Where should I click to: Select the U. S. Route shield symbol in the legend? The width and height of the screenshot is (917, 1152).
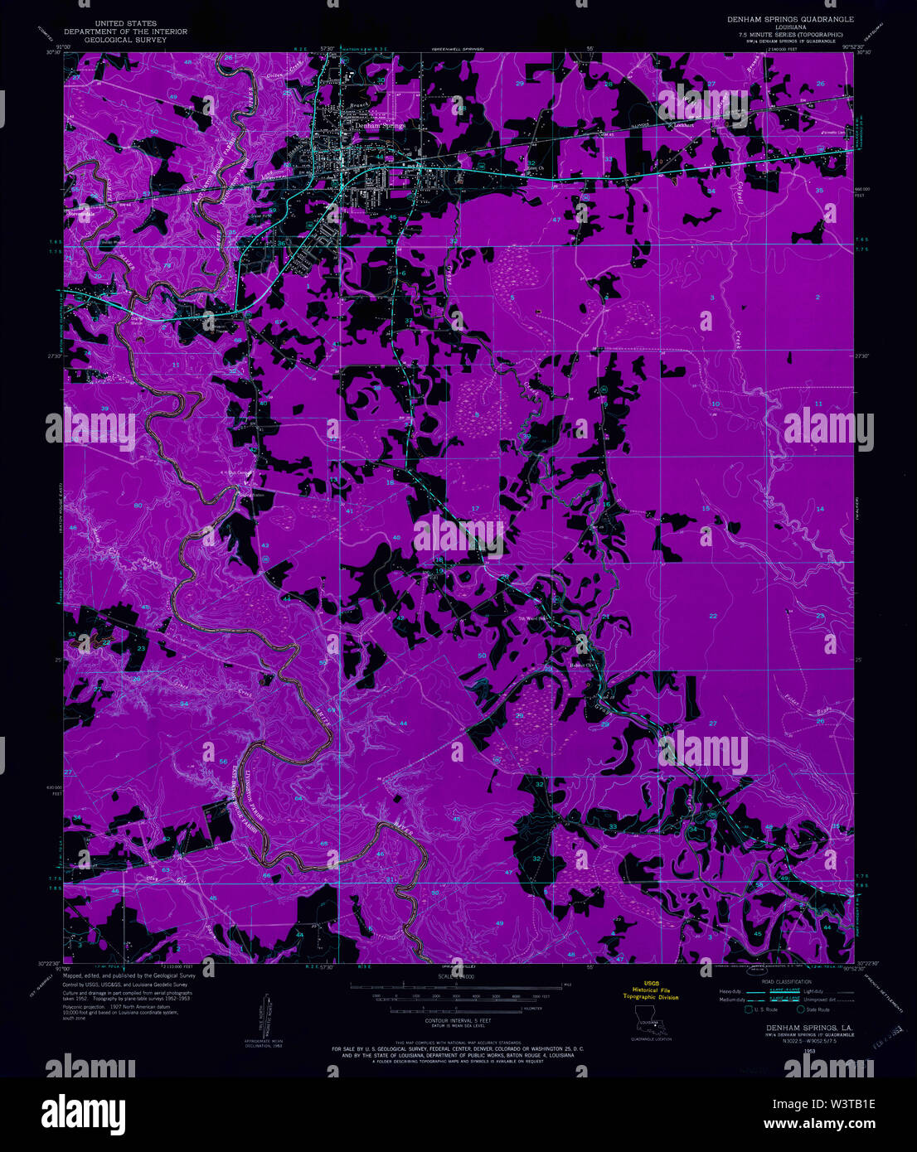tap(750, 1009)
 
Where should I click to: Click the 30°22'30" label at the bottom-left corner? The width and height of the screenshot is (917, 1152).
tap(47, 963)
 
